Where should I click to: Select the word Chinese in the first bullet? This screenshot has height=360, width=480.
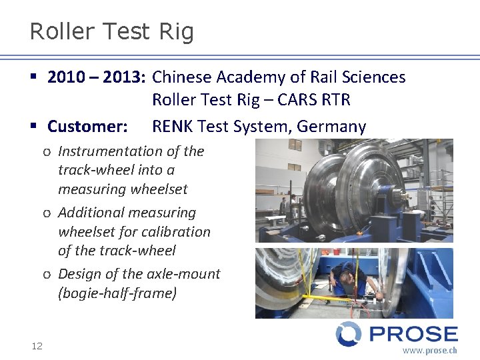[x=180, y=77]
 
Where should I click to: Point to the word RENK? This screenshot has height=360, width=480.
[x=173, y=126]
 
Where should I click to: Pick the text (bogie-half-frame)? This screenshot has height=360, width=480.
[x=117, y=293]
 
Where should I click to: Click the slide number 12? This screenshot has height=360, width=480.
[x=37, y=345]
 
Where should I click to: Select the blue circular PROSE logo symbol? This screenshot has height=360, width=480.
[x=348, y=334]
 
